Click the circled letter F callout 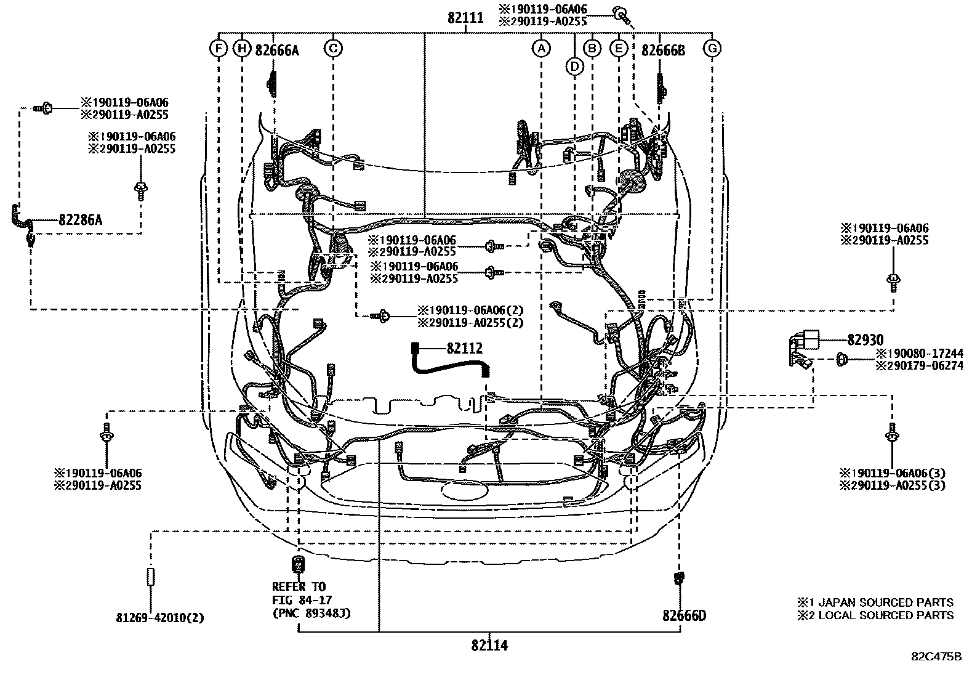[219, 48]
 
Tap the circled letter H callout [243, 48]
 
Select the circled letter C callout [333, 48]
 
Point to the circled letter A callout [540, 48]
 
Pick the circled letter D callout [574, 66]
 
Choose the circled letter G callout [712, 48]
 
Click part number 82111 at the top [465, 18]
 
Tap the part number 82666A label [277, 51]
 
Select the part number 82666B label [663, 51]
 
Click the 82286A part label [80, 219]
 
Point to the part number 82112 [465, 349]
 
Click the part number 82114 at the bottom [489, 646]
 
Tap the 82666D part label [684, 615]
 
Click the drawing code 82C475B [936, 656]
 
